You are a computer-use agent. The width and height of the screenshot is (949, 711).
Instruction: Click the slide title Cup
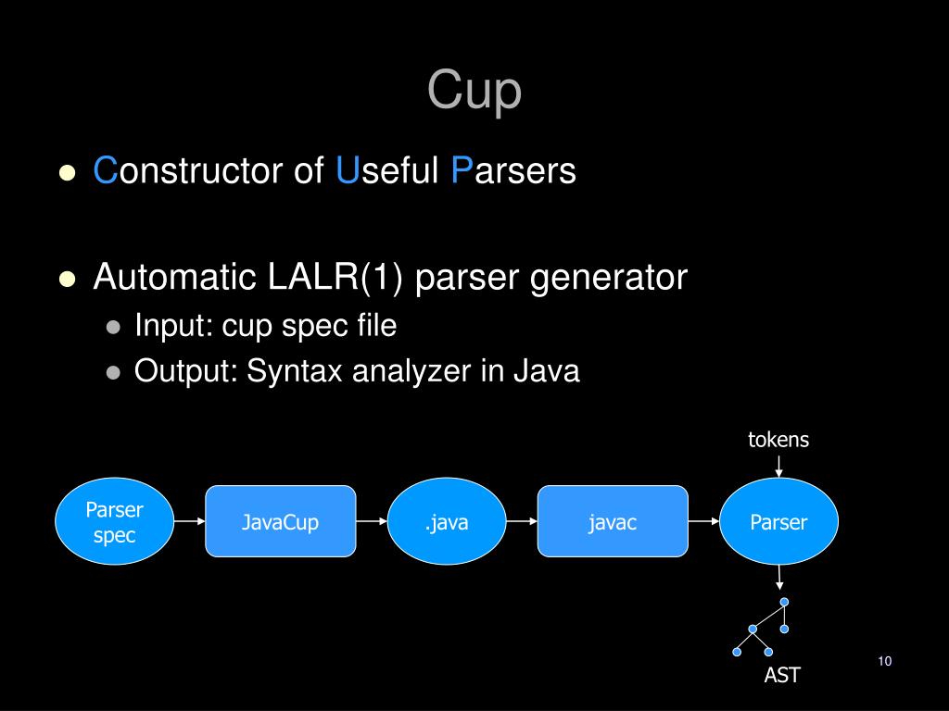474,91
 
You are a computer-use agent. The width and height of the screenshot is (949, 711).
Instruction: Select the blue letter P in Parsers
462,171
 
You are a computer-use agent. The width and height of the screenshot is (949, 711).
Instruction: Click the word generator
608,278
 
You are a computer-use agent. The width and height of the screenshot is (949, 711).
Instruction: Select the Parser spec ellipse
114,522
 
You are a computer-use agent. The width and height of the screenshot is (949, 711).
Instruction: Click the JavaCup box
280,522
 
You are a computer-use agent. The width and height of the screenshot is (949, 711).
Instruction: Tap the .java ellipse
447,522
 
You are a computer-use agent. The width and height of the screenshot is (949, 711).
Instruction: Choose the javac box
613,522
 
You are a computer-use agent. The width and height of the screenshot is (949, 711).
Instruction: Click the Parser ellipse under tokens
778,522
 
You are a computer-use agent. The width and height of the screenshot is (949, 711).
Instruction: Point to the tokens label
778,440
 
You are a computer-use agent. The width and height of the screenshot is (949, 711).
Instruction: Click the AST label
781,676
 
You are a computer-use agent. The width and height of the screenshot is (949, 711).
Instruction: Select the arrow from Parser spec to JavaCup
189,521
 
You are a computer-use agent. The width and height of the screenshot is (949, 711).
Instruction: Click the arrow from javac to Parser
704,521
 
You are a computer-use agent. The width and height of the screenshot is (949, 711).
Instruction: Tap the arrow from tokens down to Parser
779,465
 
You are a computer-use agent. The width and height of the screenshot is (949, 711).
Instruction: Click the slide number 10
883,661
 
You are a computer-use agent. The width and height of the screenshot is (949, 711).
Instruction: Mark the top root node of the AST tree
784,602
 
